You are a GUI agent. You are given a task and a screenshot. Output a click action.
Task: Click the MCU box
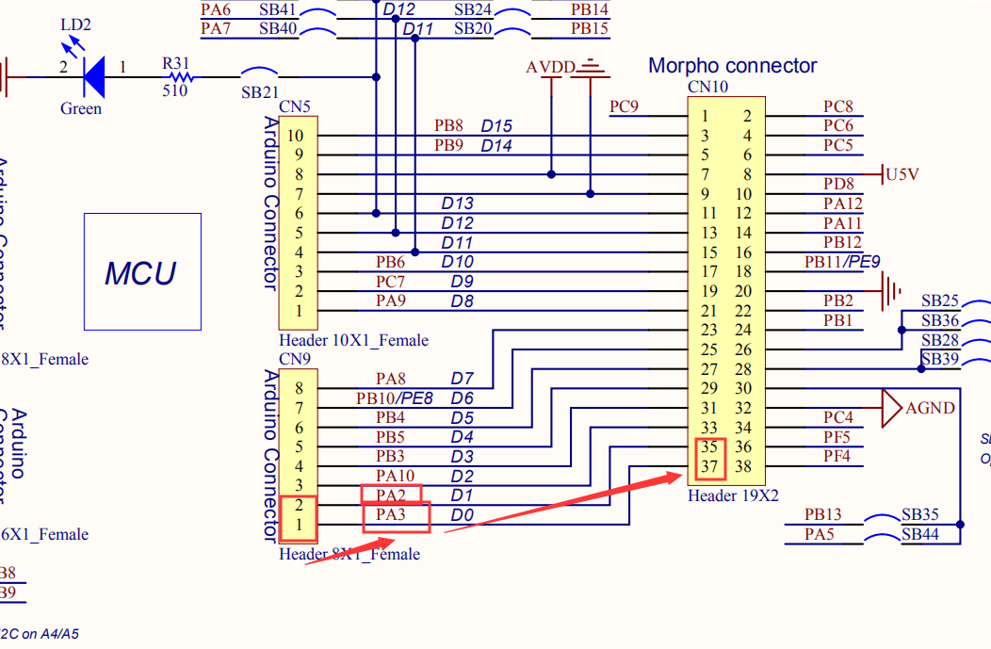coord(141,272)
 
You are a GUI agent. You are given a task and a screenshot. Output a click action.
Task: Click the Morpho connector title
coord(732,66)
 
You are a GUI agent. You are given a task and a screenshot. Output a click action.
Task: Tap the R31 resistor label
coord(176,64)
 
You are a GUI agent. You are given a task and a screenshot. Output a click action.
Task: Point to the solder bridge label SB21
coord(259,91)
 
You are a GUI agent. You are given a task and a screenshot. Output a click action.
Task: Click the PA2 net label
coord(391,495)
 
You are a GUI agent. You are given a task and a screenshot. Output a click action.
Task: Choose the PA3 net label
coord(391,515)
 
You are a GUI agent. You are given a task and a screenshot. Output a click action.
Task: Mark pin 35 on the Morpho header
coord(708,447)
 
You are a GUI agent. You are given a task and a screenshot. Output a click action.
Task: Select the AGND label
coord(931,408)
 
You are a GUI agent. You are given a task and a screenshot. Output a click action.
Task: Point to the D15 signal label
coord(496,126)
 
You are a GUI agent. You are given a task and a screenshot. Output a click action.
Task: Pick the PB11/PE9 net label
coord(841,261)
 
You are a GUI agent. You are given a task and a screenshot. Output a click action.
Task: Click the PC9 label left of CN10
coord(624,106)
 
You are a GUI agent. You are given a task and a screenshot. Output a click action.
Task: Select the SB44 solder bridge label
coord(919,534)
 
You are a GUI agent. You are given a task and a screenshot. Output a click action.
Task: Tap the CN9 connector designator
coord(294,358)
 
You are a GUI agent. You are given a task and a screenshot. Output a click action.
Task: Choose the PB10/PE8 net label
coord(394,398)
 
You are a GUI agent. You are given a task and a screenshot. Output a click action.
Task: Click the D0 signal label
coord(461,515)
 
